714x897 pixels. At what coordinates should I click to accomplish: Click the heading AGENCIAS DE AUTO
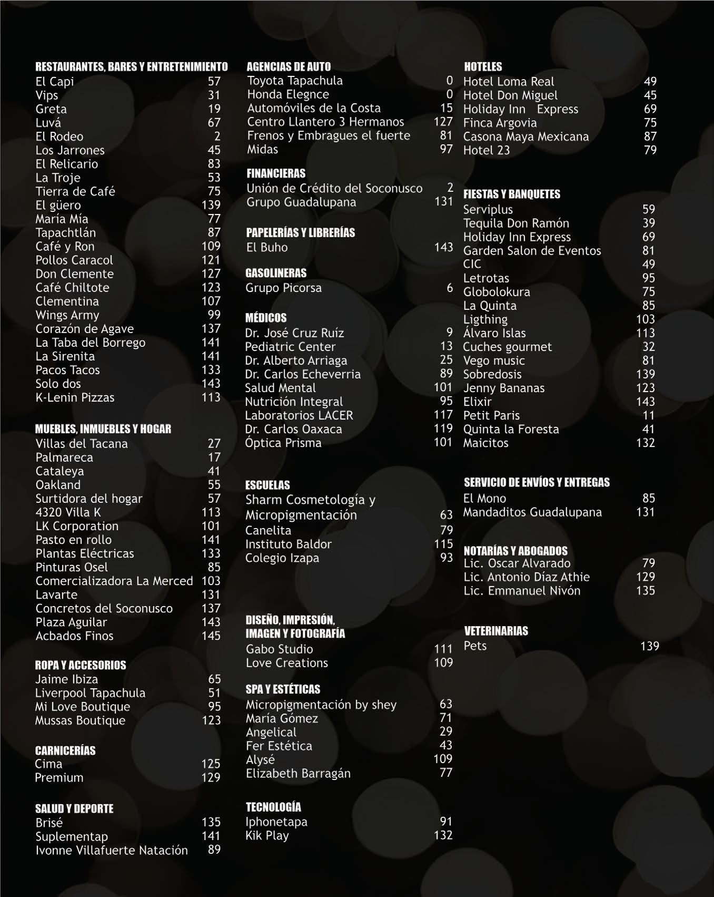coord(289,67)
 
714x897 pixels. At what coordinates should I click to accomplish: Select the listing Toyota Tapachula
coord(295,81)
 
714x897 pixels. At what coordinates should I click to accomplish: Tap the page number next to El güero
coord(211,205)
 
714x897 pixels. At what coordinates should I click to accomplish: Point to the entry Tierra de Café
coord(75,191)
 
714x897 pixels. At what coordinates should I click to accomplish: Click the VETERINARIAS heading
coord(496,631)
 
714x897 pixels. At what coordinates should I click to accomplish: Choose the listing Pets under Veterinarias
coord(475,646)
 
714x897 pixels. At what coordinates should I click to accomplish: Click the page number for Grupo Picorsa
coord(450,288)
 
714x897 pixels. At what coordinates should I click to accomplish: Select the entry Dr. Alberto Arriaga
coord(296,360)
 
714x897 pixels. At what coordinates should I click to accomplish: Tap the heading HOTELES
coord(483,67)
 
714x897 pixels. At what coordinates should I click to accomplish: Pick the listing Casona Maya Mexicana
coord(526,136)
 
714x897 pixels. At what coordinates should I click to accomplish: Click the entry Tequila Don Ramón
coord(516,223)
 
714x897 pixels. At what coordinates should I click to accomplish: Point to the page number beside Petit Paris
coord(649,415)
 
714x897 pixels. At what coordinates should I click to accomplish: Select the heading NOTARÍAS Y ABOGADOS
coord(515,551)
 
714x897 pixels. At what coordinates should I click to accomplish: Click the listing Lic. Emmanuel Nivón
coord(522,591)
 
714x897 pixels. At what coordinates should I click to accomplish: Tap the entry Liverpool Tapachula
coord(90,693)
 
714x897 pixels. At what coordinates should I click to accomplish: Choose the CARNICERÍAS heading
coord(65,750)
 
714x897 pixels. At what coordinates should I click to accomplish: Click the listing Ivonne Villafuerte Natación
coord(112,850)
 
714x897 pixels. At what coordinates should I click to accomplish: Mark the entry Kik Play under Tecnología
coord(267,835)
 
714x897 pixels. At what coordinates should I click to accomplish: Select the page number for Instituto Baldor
coord(443,544)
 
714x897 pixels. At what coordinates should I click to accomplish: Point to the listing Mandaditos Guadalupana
coord(532,512)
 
